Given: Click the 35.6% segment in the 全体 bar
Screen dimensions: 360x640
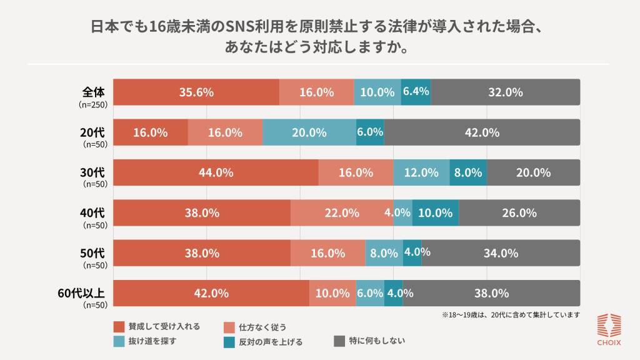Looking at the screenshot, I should (x=196, y=92).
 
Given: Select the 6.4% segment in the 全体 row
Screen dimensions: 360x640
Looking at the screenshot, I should (x=416, y=92).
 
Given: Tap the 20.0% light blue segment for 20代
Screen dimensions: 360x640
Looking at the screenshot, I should (x=309, y=132).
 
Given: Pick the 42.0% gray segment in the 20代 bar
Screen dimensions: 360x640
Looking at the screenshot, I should (x=482, y=132).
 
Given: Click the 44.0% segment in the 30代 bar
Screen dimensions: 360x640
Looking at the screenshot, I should (x=216, y=172).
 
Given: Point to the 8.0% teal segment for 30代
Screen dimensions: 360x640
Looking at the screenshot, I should (x=468, y=172).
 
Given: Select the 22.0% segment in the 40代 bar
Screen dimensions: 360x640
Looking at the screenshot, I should (x=342, y=212).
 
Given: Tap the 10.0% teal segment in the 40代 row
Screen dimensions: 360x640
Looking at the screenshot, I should (x=435, y=212).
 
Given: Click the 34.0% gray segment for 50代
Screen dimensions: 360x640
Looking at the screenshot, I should (x=501, y=253).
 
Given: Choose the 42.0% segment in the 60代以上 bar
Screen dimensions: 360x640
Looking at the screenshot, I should (x=211, y=293).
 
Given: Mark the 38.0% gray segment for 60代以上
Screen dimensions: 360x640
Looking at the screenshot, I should (x=491, y=293).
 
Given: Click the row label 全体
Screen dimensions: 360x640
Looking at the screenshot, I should (x=93, y=91).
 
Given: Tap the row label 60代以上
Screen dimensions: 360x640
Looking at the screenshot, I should (x=81, y=292).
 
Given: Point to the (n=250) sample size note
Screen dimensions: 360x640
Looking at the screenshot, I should (x=93, y=104).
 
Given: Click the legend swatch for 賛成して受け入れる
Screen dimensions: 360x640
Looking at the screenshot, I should (x=120, y=326).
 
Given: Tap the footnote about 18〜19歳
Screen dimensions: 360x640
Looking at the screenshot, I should (x=511, y=314).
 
